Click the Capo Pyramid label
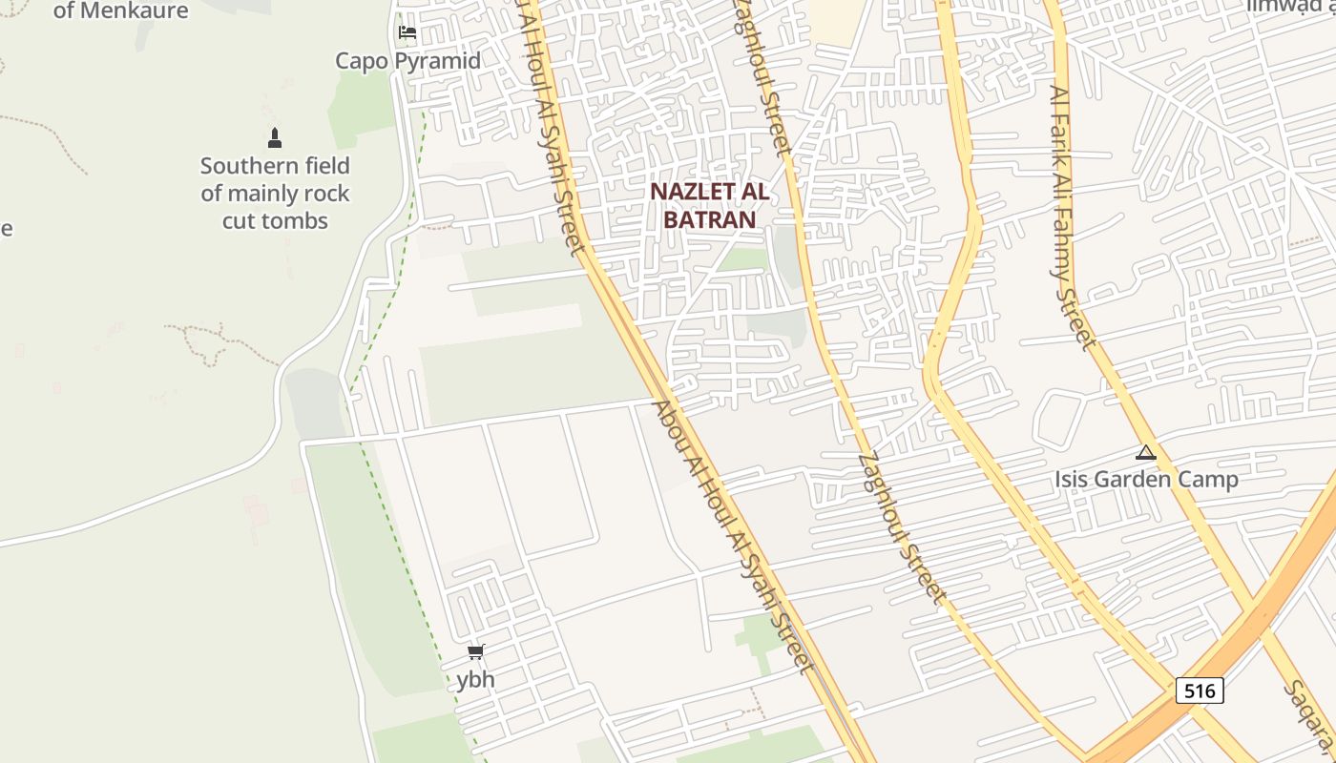(407, 61)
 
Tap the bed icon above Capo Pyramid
(407, 32)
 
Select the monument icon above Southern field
(275, 138)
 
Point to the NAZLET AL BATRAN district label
(709, 205)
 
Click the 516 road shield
(1200, 690)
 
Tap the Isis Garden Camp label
(1146, 479)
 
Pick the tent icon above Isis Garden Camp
(1146, 452)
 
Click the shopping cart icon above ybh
(475, 652)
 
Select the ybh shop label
(475, 680)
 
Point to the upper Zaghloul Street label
(761, 76)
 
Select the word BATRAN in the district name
(709, 219)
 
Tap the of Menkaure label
(121, 11)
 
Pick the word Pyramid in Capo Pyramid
(437, 61)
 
